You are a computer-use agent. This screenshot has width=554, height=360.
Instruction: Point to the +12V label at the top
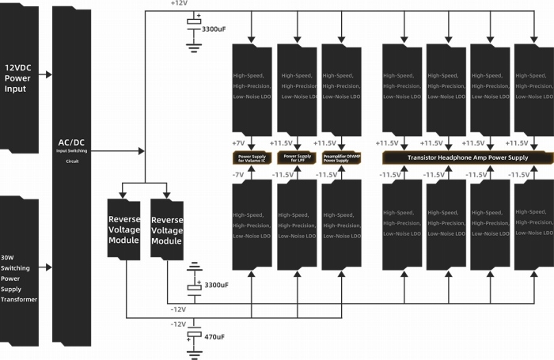click(179, 4)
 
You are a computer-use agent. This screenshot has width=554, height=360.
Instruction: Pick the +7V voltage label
click(238, 143)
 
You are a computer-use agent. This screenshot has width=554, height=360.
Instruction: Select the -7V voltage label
click(238, 173)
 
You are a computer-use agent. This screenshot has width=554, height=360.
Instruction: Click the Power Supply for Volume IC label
click(251, 158)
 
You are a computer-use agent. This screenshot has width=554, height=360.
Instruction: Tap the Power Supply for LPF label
click(296, 158)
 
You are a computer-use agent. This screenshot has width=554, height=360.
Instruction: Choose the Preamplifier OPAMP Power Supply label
click(341, 158)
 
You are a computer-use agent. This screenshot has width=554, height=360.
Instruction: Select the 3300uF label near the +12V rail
click(214, 28)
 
